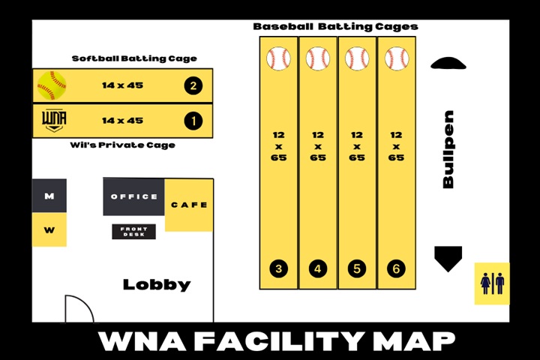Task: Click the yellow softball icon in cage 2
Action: (x=52, y=85)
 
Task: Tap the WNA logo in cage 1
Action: (x=52, y=120)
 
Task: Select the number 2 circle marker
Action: (x=193, y=85)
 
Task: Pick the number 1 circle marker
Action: (x=193, y=120)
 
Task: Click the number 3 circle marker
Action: (x=279, y=268)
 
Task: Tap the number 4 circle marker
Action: (x=318, y=268)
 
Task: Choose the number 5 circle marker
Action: (x=357, y=268)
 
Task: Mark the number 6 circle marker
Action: (x=396, y=268)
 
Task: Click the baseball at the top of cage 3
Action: (x=279, y=58)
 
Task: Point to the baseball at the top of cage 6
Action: (x=396, y=58)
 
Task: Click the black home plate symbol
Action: (x=448, y=258)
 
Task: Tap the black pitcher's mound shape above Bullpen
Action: (x=448, y=64)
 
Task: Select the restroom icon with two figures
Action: (x=492, y=283)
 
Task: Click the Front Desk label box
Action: (x=134, y=232)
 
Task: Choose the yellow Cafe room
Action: (x=189, y=205)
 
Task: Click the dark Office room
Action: (x=134, y=196)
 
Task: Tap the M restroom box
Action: (x=49, y=196)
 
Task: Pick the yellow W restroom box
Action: (x=49, y=230)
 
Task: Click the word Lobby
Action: (x=157, y=285)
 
